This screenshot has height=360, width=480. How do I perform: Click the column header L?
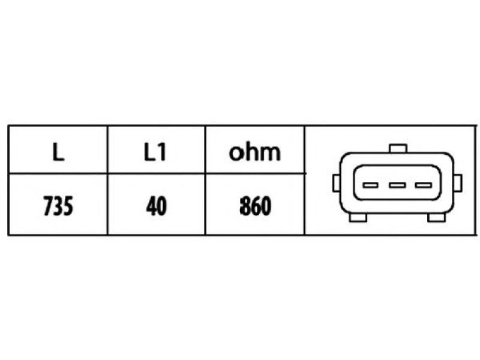(58, 152)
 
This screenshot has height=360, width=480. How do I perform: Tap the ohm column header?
(254, 152)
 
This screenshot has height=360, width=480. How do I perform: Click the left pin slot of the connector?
(370, 185)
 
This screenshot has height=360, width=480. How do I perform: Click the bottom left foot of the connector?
(358, 217)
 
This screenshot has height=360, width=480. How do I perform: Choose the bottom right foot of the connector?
(436, 217)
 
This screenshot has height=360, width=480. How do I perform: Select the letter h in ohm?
(254, 151)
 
